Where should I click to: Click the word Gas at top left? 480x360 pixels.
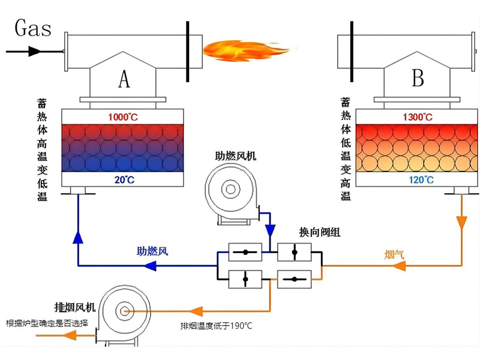[x=33, y=28]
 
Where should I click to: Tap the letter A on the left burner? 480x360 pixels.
[x=124, y=79]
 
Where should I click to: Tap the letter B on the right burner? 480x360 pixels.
[x=418, y=79]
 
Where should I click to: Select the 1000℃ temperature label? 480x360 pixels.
[x=123, y=117]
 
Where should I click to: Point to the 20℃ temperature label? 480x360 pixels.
[x=123, y=179]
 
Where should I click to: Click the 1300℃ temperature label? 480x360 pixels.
[x=418, y=117]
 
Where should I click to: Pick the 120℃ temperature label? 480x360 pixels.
[x=418, y=179]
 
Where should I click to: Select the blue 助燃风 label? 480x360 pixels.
[x=152, y=252]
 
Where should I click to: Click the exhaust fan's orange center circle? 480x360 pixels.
[x=125, y=311]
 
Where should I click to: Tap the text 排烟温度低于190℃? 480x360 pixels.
[x=216, y=326]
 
